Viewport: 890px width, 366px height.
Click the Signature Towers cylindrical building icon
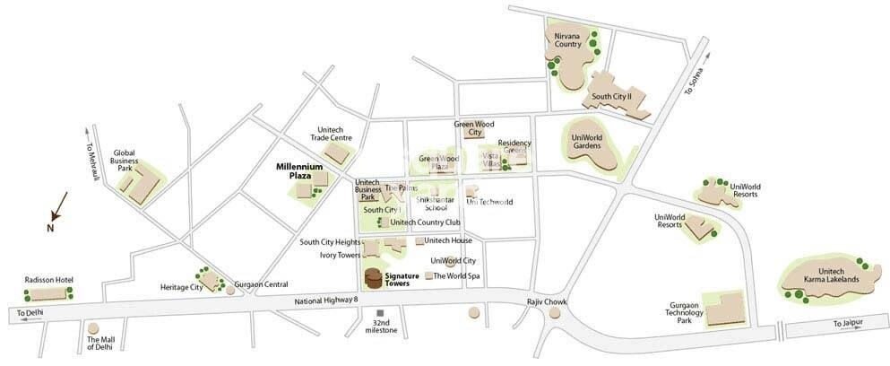[373, 277]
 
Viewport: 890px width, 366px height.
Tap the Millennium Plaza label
[298, 170]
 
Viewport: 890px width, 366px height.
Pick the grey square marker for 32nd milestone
[379, 312]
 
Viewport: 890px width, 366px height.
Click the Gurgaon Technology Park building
[723, 308]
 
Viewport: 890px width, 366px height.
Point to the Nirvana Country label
[569, 38]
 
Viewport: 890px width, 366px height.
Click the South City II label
[611, 96]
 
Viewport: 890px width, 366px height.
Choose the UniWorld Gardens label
[586, 141]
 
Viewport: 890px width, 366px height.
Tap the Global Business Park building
[139, 184]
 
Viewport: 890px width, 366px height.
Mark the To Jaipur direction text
[850, 323]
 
